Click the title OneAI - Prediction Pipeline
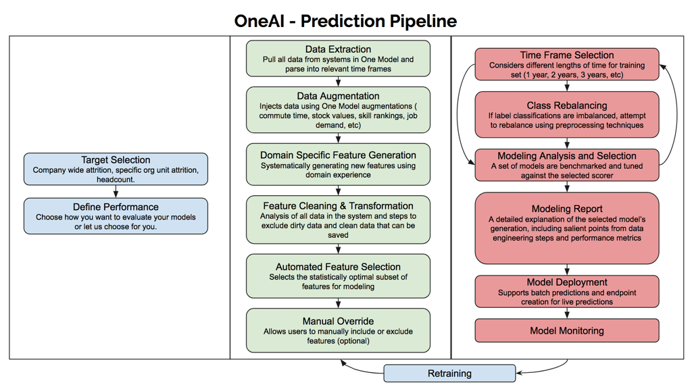coord(345,21)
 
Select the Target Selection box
coord(116,169)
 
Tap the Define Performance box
coord(116,215)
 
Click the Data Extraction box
coord(338,58)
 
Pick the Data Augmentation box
coord(338,110)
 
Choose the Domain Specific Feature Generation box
coord(338,164)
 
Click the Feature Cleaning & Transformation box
coord(338,220)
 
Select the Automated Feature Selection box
coord(338,276)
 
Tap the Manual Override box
coord(338,330)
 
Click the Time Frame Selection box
coord(567,64)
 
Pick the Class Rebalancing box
coord(567,115)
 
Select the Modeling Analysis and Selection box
coord(567,165)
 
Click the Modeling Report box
coord(567,228)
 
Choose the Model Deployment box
coord(567,291)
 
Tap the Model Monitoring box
coord(567,330)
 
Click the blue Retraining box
coord(449,373)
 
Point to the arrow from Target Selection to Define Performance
coord(116,192)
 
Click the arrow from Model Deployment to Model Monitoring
coord(567,313)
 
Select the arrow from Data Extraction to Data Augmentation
coord(338,82)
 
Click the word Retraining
coord(449,373)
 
